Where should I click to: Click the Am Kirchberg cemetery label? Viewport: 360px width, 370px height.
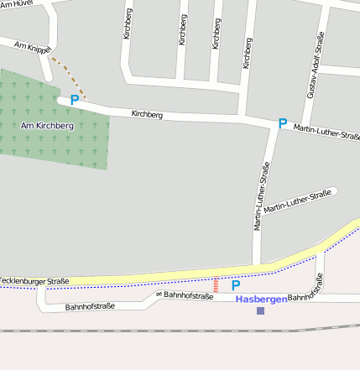(x=47, y=126)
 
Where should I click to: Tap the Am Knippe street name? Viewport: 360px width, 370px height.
(x=34, y=49)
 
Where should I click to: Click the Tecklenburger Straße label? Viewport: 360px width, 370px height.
(x=34, y=280)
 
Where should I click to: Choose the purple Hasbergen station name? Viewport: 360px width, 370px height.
(x=260, y=299)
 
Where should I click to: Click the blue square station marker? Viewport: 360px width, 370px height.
(x=260, y=310)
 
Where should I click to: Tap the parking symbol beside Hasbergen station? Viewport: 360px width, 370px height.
(x=236, y=285)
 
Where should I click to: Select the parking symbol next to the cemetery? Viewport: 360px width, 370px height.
(x=75, y=100)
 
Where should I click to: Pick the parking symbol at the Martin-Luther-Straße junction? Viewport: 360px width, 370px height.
(x=283, y=123)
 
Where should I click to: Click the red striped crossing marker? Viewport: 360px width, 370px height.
(x=216, y=285)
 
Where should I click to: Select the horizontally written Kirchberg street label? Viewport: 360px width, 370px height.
(x=147, y=114)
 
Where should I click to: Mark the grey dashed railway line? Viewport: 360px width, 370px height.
(x=168, y=330)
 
